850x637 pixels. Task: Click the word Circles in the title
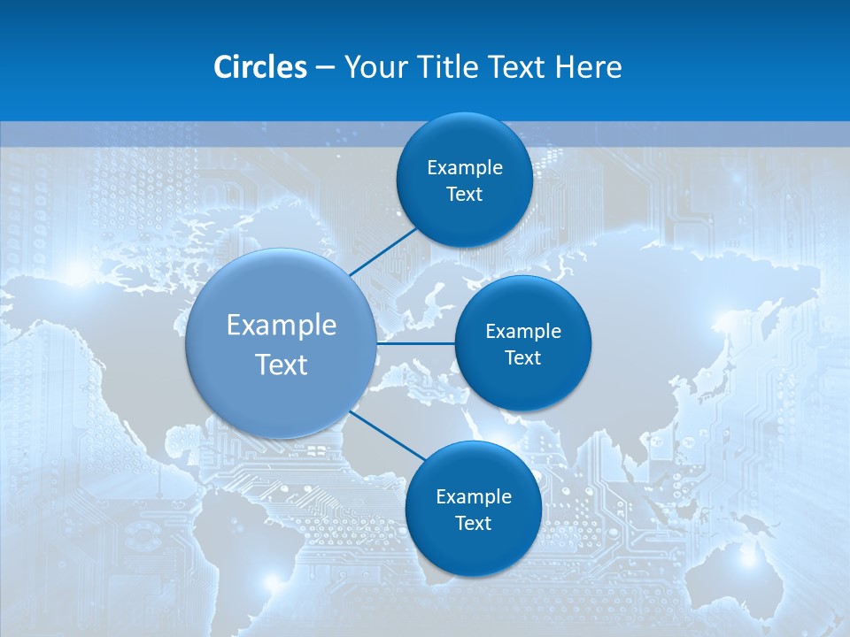coord(259,67)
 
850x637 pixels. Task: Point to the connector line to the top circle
coord(383,252)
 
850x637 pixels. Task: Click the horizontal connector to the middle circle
coord(416,343)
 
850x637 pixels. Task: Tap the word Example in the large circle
coord(282,326)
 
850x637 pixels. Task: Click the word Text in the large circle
coord(282,365)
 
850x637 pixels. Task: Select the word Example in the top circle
coord(464,167)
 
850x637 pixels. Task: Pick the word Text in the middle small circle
coord(522,357)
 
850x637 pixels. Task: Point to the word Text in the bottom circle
coord(473,523)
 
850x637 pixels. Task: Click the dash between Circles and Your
coord(324,68)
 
